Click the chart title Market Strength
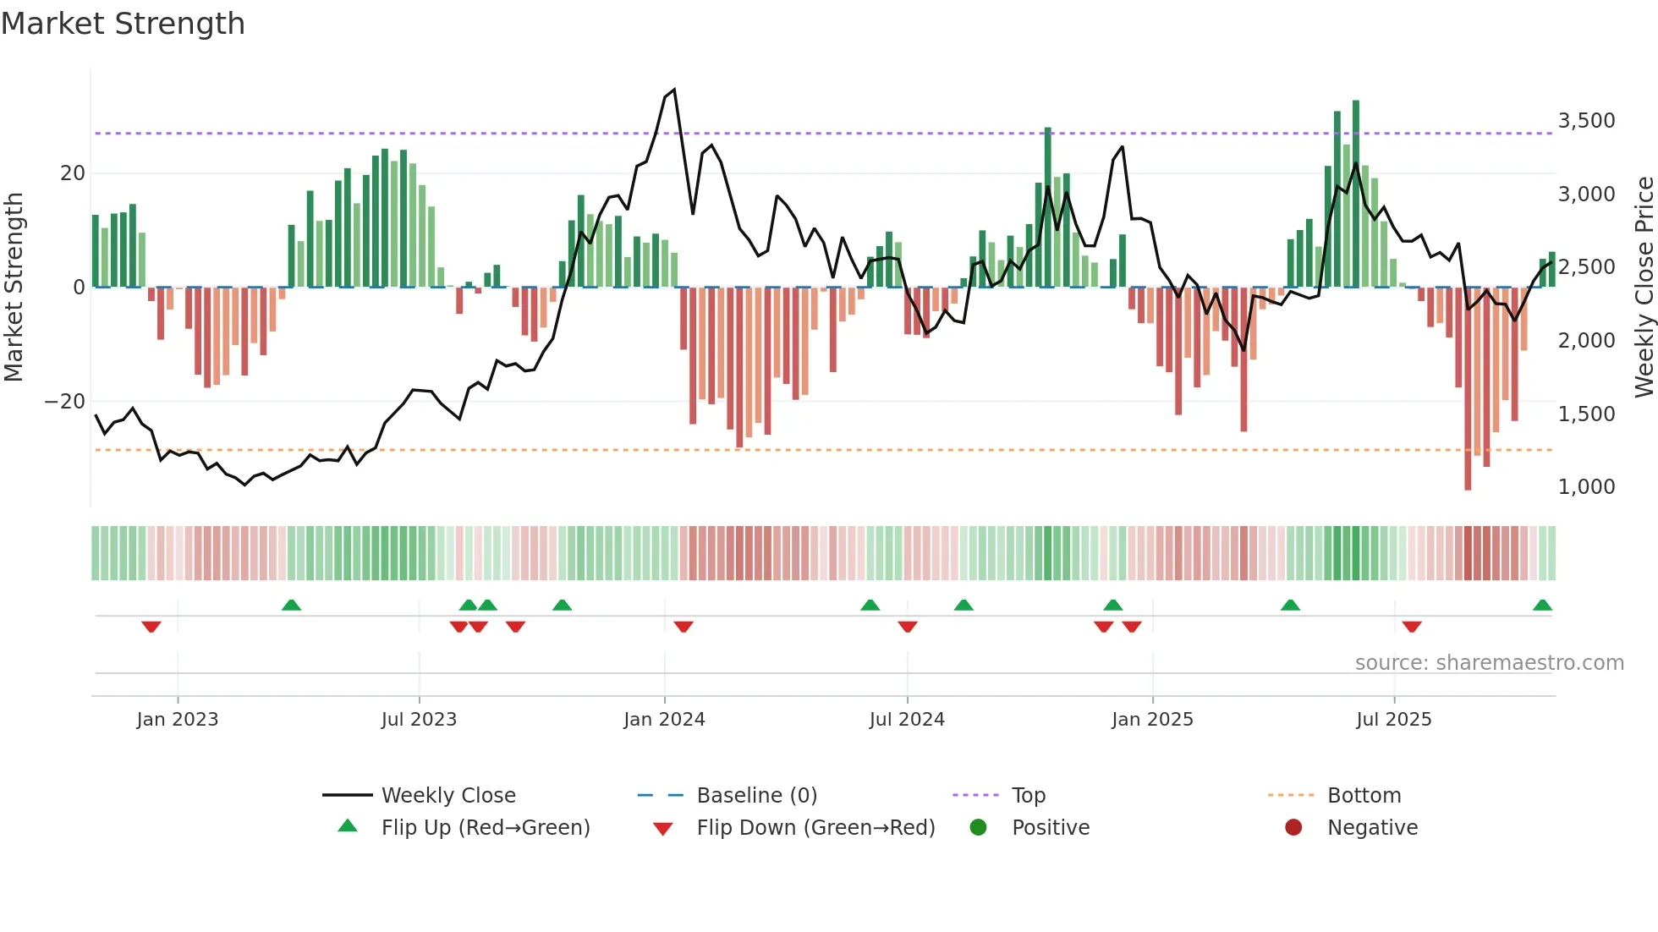(x=123, y=24)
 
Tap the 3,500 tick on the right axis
(x=1586, y=121)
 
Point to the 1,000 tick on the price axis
(x=1586, y=487)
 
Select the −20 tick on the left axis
(x=65, y=402)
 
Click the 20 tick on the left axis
(x=73, y=173)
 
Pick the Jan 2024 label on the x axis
(x=664, y=720)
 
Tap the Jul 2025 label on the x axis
(x=1393, y=720)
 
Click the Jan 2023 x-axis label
(x=178, y=720)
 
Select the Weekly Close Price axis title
(x=1644, y=288)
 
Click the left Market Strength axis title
(x=14, y=288)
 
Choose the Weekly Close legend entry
(x=447, y=796)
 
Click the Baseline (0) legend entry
(x=756, y=796)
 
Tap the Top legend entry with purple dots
(x=1028, y=796)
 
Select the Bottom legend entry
(x=1364, y=796)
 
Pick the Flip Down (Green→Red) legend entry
(x=815, y=828)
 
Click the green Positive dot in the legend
(x=979, y=828)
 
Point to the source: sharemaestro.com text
(x=1489, y=663)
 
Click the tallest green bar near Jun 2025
(x=1356, y=195)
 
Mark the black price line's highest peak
(x=673, y=90)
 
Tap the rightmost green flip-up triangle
(x=1542, y=606)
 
